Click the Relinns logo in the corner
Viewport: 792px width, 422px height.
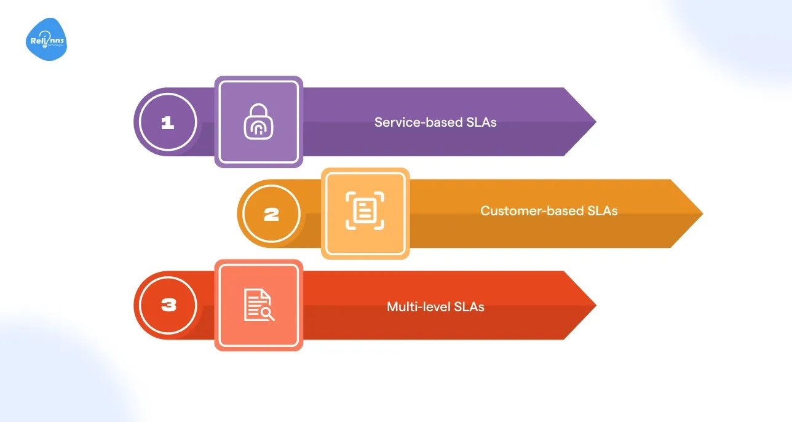pos(46,41)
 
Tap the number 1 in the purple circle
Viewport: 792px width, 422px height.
pos(167,122)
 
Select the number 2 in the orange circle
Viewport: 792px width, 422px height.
pos(271,214)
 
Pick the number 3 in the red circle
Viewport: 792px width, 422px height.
pos(167,306)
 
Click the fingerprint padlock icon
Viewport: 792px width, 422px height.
pos(258,121)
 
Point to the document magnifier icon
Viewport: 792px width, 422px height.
pos(258,305)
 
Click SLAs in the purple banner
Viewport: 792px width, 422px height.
pos(480,122)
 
